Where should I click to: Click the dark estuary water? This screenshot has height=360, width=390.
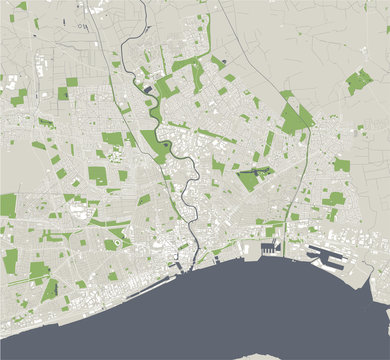click(x=250, y=310)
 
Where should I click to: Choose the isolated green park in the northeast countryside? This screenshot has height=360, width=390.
click(x=358, y=82)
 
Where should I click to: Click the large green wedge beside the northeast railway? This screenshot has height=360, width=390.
click(x=293, y=117)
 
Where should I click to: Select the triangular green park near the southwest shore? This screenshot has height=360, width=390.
click(x=49, y=291)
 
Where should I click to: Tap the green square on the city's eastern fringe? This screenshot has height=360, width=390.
click(x=342, y=165)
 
